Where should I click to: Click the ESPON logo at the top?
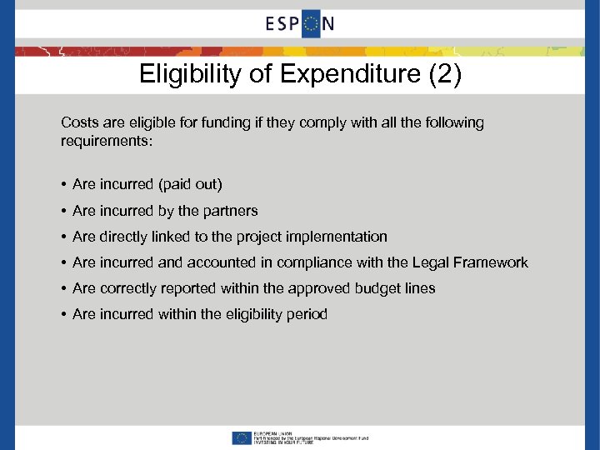pos(300,23)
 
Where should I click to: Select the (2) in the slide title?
pos(442,75)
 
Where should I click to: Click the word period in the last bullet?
pos(307,314)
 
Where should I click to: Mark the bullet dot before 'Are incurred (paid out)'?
pos(64,184)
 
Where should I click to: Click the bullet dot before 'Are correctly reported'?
pos(64,288)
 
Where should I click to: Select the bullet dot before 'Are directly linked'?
pos(64,237)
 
